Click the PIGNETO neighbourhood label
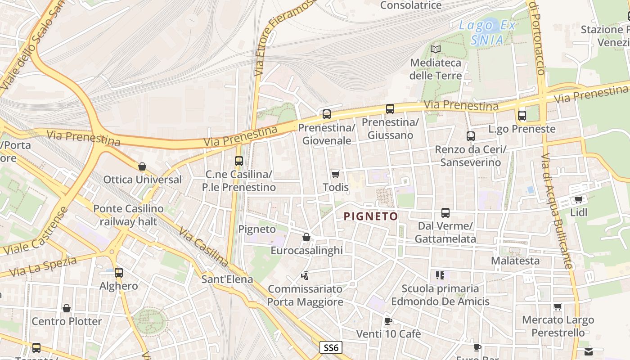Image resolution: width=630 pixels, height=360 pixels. (371, 216)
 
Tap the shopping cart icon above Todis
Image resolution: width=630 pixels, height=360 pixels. (335, 174)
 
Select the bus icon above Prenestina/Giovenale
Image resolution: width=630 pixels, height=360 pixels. (327, 114)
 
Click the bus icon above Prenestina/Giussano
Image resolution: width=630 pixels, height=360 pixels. (390, 109)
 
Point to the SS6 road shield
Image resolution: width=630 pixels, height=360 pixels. (331, 347)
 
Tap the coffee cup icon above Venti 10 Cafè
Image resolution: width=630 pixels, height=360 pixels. (388, 321)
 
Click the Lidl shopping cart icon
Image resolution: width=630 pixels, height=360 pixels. (579, 199)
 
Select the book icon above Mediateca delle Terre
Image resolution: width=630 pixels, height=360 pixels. (436, 49)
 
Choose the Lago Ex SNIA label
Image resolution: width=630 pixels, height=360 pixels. (487, 33)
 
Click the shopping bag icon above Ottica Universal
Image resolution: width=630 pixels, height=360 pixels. (142, 166)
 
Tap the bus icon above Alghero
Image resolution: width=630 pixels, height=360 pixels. (119, 273)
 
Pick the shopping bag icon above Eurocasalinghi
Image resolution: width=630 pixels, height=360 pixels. (306, 237)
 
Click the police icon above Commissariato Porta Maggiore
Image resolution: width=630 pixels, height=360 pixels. (305, 275)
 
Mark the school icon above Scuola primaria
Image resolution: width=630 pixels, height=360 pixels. (440, 275)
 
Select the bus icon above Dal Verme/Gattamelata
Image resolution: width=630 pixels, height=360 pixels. (445, 213)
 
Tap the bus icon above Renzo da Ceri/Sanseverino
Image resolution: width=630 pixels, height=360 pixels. (471, 136)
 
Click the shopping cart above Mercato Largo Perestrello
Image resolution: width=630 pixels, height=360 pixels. (558, 307)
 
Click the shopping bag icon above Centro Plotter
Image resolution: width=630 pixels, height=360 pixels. (67, 308)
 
